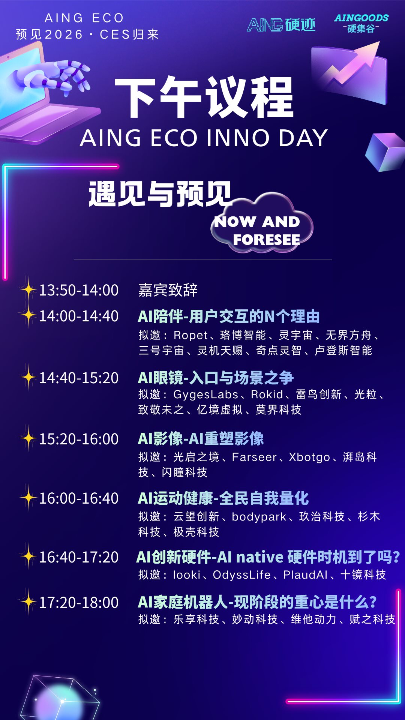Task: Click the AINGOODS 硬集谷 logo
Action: [361, 23]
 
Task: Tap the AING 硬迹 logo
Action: [281, 25]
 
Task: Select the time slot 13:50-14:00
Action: [79, 290]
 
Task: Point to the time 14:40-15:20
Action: [79, 378]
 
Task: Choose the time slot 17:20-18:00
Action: [79, 603]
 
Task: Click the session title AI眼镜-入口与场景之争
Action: [216, 378]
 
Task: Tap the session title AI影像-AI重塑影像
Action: [201, 439]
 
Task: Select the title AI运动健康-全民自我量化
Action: [223, 498]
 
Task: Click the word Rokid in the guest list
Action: [267, 394]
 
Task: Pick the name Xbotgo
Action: [309, 457]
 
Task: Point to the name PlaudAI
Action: [305, 575]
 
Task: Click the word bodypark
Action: [259, 517]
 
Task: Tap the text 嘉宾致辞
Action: [168, 290]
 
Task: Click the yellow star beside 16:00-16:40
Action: [28, 498]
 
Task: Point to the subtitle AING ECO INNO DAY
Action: [204, 138]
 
